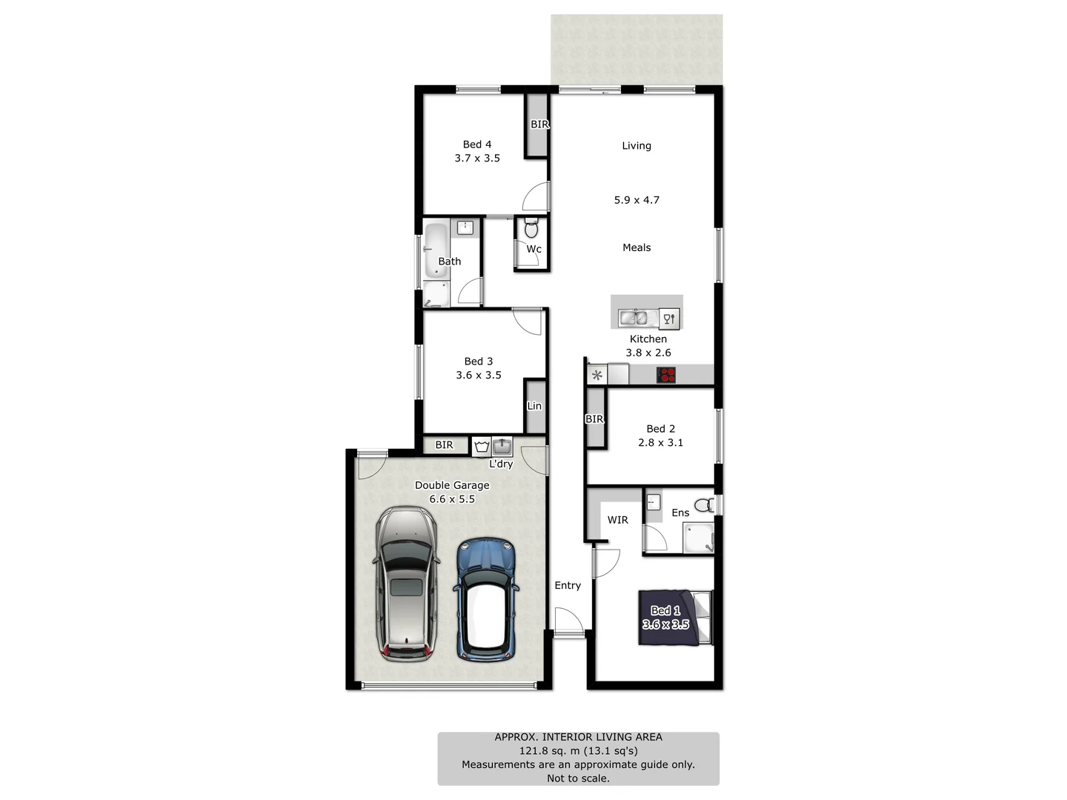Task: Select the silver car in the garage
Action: pyautogui.click(x=406, y=584)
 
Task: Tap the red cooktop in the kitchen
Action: pyautogui.click(x=666, y=375)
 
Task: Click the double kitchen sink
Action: pyautogui.click(x=634, y=318)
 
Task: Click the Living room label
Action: pyautogui.click(x=636, y=146)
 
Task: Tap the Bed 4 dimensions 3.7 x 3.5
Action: pyautogui.click(x=477, y=159)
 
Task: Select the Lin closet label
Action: pyautogui.click(x=534, y=406)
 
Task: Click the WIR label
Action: pyautogui.click(x=618, y=520)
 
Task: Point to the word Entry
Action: pyautogui.click(x=568, y=585)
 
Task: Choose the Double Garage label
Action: pyautogui.click(x=452, y=485)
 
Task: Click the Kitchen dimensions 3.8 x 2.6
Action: pyautogui.click(x=648, y=353)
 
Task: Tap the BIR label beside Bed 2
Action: pyautogui.click(x=594, y=419)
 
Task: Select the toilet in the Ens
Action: pyautogui.click(x=704, y=506)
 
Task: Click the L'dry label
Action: pyautogui.click(x=501, y=464)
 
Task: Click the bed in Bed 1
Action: pyautogui.click(x=674, y=617)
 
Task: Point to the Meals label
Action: pyautogui.click(x=636, y=247)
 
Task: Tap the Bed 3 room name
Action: pyautogui.click(x=479, y=361)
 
